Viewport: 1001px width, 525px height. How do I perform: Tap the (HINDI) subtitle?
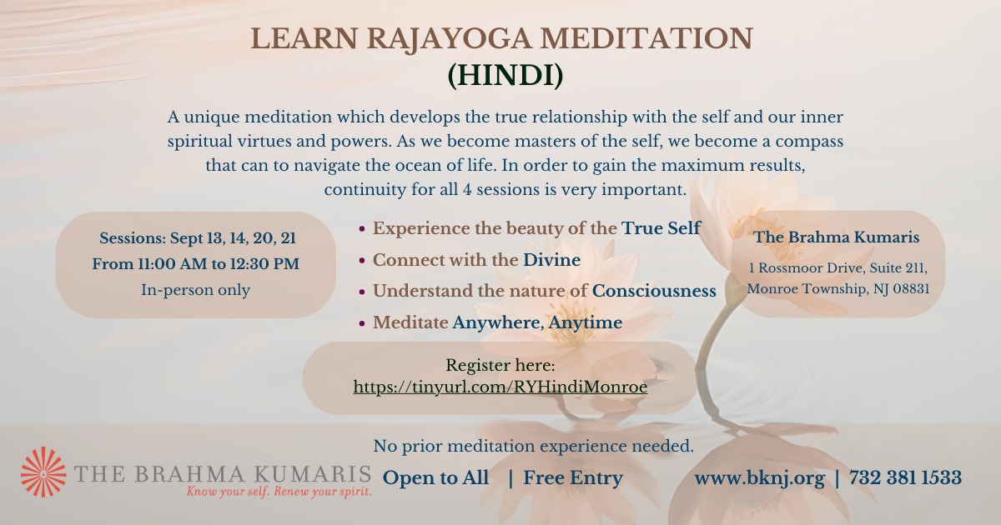pyautogui.click(x=506, y=76)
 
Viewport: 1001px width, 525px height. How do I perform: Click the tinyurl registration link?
pyautogui.click(x=500, y=387)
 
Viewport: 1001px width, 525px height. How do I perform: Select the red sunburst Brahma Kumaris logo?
pyautogui.click(x=43, y=472)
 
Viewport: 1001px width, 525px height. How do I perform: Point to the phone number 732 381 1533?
pyautogui.click(x=905, y=477)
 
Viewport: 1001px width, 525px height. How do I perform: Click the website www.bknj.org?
pyautogui.click(x=760, y=478)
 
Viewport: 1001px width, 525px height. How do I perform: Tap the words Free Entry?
pyautogui.click(x=573, y=478)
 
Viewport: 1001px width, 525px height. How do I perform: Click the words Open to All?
pyautogui.click(x=435, y=477)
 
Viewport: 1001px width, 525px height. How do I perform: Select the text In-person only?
pyautogui.click(x=196, y=290)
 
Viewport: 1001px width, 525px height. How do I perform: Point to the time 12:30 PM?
pyautogui.click(x=264, y=264)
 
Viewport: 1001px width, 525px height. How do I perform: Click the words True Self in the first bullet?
pyautogui.click(x=661, y=228)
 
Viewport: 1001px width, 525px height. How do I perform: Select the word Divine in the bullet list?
pyautogui.click(x=552, y=260)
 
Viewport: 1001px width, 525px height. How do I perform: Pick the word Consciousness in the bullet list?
pyautogui.click(x=654, y=291)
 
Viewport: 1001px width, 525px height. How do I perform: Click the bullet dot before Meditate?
pyautogui.click(x=362, y=323)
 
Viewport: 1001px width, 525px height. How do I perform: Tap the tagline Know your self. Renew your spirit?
pyautogui.click(x=279, y=492)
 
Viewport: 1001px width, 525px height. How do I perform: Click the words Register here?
pyautogui.click(x=500, y=365)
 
